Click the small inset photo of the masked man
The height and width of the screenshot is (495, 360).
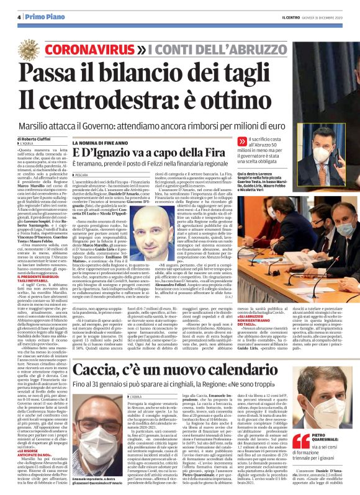pos(331,143)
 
